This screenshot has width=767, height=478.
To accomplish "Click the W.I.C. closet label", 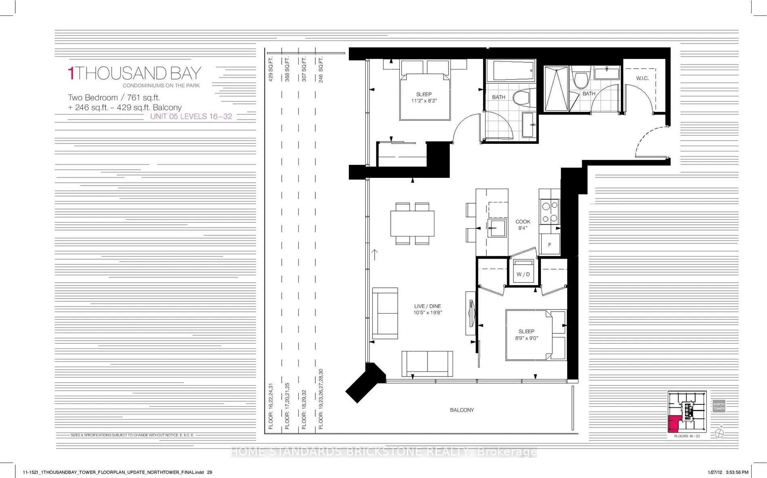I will tap(642, 78).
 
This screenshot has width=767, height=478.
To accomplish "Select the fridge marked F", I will tap(549, 244).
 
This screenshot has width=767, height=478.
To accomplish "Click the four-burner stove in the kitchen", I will tap(549, 212).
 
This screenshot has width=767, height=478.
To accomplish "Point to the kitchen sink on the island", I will tap(497, 228).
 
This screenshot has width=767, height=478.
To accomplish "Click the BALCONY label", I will tap(462, 410).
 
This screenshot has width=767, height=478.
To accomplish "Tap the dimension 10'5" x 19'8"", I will tap(428, 313).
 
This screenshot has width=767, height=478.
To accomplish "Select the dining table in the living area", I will tap(412, 223).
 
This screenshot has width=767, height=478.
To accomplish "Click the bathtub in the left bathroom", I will tap(510, 71).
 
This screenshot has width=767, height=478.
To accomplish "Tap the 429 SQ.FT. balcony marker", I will tap(271, 69).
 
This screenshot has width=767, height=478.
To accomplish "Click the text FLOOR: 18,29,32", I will tap(304, 409).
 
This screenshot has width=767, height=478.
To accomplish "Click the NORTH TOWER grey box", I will tap(719, 406).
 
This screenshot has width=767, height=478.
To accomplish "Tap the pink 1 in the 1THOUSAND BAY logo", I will tap(71, 74).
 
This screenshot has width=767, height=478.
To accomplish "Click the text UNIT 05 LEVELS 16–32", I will tap(191, 116).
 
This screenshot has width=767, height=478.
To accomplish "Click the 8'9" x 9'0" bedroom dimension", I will tap(526, 338).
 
